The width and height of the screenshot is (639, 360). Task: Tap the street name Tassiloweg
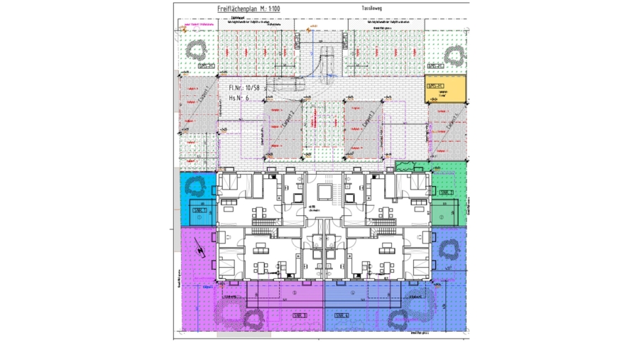coord(372,9)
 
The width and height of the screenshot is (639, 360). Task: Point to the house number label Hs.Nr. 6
coord(239,99)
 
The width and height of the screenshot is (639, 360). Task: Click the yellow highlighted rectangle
coord(445,89)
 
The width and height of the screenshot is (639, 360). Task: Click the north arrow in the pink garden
coord(200,251)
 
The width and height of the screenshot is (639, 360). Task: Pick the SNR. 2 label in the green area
coord(445,192)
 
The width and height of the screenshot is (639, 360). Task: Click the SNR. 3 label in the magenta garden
coord(299,315)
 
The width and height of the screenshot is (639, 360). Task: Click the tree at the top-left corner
coord(196,50)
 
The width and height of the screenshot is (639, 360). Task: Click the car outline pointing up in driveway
coord(328,60)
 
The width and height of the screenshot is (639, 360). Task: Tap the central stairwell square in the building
coord(324,192)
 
